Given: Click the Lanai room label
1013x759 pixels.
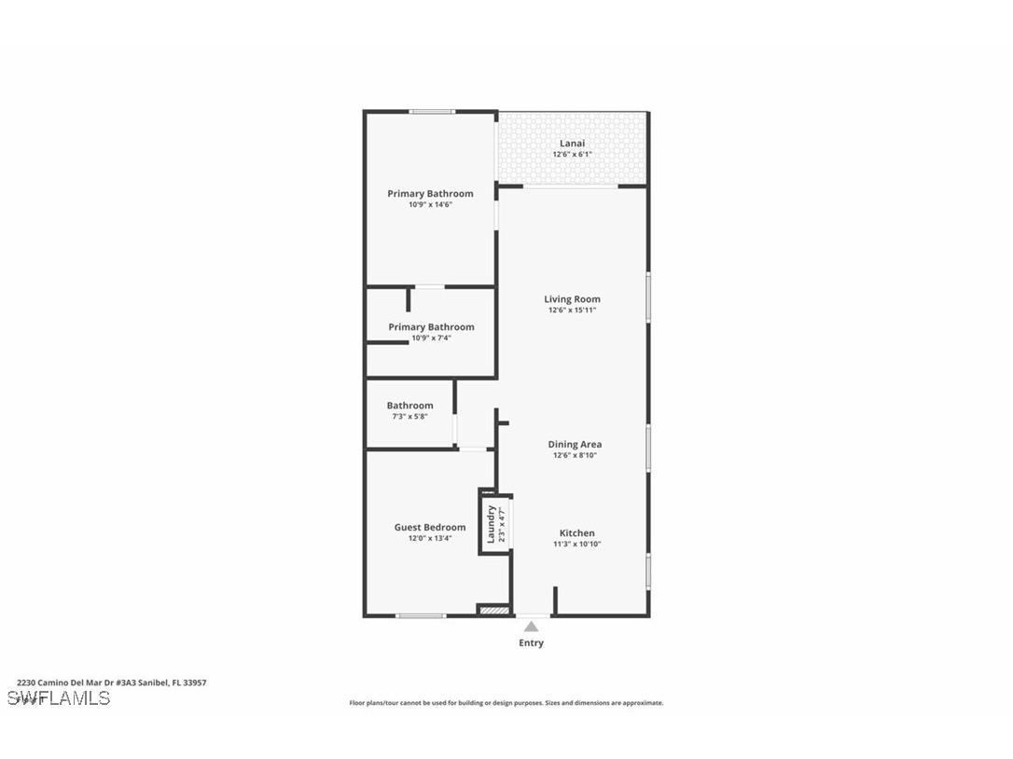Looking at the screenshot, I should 572,143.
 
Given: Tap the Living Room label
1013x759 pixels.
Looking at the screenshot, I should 572,299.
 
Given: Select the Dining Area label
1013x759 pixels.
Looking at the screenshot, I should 574,445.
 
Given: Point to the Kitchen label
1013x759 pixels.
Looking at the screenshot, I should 576,533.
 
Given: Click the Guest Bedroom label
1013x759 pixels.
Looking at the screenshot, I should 429,527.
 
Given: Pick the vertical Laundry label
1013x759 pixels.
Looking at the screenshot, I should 491,525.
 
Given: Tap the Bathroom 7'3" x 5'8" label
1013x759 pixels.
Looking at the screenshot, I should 409,406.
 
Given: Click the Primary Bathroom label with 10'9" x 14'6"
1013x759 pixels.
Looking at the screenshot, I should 430,194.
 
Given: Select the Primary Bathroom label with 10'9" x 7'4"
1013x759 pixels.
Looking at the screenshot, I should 431,327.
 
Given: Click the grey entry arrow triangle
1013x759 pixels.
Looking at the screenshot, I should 531,627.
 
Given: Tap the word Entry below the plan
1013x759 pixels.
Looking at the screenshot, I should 531,642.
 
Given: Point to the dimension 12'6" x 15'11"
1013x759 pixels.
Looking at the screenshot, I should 572,310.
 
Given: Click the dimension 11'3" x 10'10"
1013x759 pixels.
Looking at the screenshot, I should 576,544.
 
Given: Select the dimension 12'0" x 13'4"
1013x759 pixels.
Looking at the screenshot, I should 429,538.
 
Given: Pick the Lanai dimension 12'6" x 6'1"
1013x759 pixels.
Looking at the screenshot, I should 572,154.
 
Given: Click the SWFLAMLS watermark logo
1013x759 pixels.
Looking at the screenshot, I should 59,698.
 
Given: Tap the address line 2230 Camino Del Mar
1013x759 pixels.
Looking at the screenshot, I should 112,683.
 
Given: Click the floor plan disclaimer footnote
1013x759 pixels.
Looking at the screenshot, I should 506,703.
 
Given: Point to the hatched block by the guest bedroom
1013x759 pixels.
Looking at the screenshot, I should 494,611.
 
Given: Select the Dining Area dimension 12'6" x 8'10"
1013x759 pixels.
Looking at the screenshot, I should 574,456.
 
